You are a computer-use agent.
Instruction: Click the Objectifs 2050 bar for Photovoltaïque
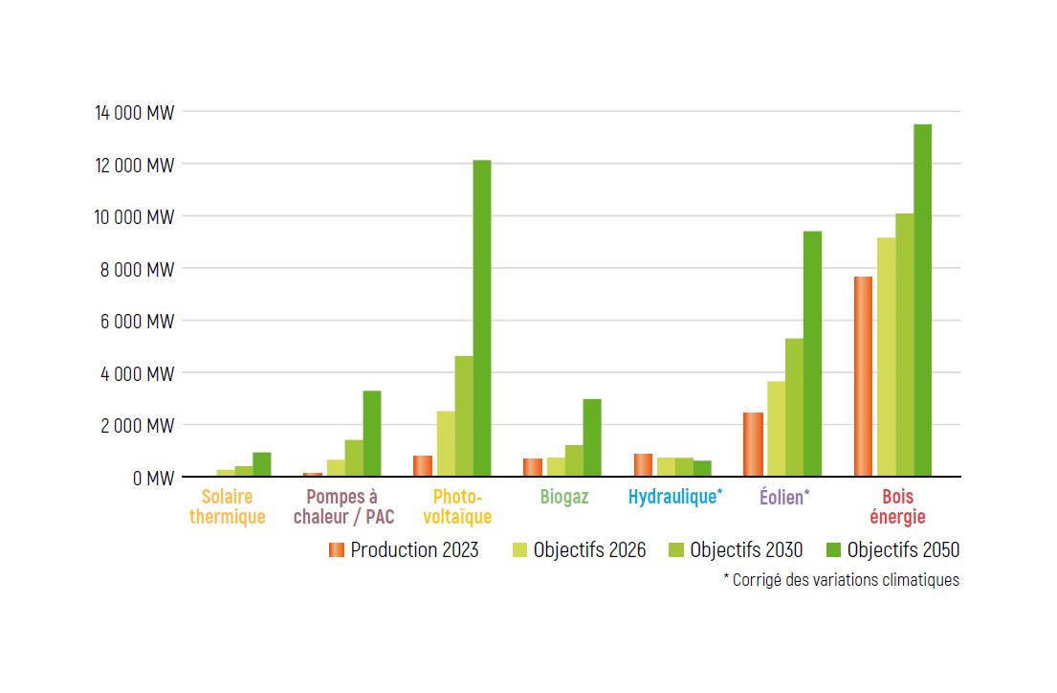[482, 318]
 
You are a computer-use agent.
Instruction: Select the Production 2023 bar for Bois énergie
[863, 376]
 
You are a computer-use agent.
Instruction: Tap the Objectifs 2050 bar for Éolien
[812, 353]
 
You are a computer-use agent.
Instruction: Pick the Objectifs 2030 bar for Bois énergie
[904, 345]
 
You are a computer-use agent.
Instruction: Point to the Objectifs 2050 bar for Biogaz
[592, 437]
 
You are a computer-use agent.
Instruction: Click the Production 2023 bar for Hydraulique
[643, 465]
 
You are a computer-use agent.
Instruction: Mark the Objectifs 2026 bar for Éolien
[776, 429]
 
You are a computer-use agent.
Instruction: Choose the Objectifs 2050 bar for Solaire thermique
[262, 464]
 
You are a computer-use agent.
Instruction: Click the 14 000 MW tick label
[134, 113]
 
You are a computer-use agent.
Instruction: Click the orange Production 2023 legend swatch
[336, 549]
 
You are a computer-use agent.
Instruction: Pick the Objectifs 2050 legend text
[903, 550]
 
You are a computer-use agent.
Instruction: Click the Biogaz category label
[564, 497]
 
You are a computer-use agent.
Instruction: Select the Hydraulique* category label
[675, 497]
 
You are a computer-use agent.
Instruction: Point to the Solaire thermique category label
[228, 507]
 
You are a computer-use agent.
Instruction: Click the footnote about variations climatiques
[841, 580]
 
